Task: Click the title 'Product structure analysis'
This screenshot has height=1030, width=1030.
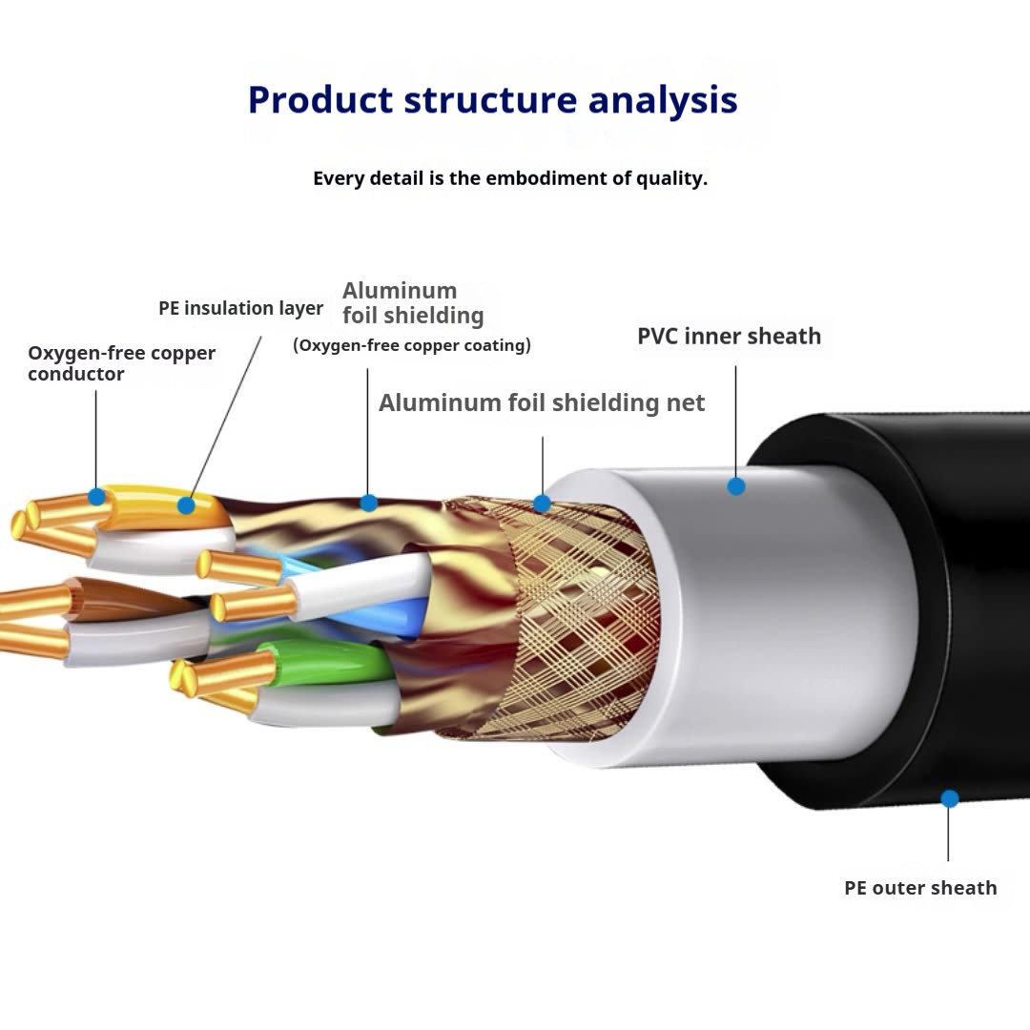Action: pos(492,100)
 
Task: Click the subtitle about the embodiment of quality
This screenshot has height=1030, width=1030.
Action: pos(510,178)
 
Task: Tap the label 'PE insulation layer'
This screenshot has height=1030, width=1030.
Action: pos(240,308)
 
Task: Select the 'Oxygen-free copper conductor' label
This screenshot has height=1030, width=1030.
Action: pos(121,363)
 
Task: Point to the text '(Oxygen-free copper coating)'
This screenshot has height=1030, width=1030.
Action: pos(412,345)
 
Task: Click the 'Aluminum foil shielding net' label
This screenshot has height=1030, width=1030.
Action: pos(542,402)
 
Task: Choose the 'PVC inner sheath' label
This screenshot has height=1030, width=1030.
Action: pos(729,336)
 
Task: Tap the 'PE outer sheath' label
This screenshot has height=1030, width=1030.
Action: pos(920,888)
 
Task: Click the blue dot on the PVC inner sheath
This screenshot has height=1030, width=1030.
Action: pos(736,486)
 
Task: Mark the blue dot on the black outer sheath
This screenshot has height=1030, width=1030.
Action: pos(950,799)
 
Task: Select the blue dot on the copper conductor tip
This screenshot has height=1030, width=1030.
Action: pos(96,496)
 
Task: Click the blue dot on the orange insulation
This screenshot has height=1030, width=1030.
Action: pos(186,505)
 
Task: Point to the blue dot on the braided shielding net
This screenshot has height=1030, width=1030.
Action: pos(542,503)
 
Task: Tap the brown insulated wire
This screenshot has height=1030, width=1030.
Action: pos(114,600)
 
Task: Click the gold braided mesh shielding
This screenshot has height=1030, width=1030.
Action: pos(582,620)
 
